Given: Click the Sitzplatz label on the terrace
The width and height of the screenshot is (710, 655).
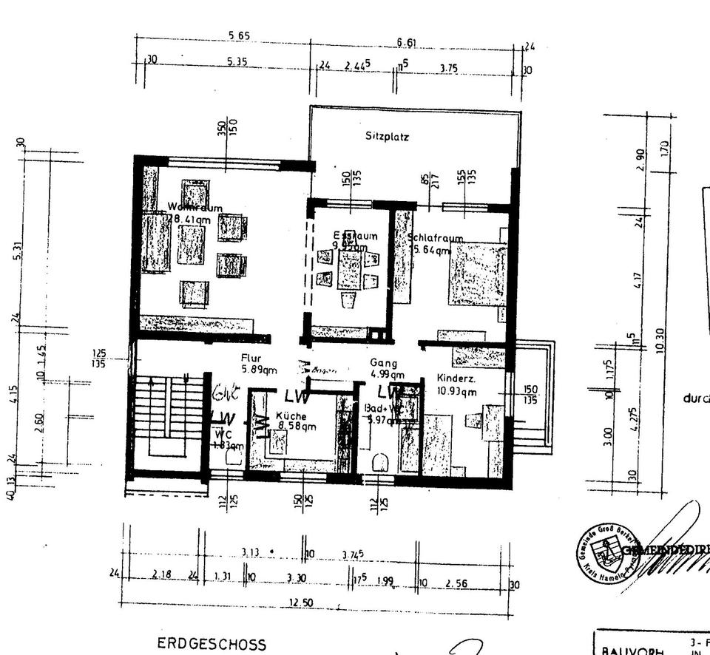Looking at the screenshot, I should click(387, 137).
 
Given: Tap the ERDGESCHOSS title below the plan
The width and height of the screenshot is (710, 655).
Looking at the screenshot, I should click(211, 644).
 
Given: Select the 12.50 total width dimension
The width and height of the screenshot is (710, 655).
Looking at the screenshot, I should click(300, 603).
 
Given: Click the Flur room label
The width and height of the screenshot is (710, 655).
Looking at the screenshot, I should click(251, 359).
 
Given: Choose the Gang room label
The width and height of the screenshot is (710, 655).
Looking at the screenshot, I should click(384, 363).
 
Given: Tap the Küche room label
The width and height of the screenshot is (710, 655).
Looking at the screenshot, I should click(291, 416).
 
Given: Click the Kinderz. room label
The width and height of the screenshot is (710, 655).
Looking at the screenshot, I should click(455, 377).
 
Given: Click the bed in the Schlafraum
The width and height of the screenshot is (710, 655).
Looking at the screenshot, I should click(477, 274).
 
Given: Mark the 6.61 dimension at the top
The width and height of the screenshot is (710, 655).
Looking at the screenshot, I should click(406, 43).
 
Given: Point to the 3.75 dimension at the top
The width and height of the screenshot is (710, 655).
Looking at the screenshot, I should click(448, 68).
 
